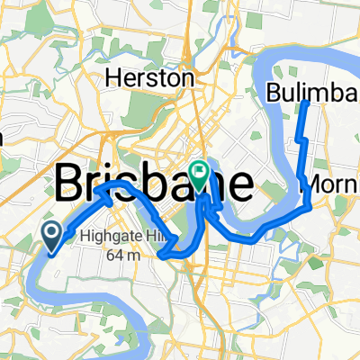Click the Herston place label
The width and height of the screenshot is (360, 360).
[149, 79]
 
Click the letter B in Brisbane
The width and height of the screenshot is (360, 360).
[72, 184]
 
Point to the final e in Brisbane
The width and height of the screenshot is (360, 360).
[239, 184]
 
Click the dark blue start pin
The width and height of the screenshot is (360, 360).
[51, 237]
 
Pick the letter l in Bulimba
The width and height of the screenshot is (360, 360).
[297, 92]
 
